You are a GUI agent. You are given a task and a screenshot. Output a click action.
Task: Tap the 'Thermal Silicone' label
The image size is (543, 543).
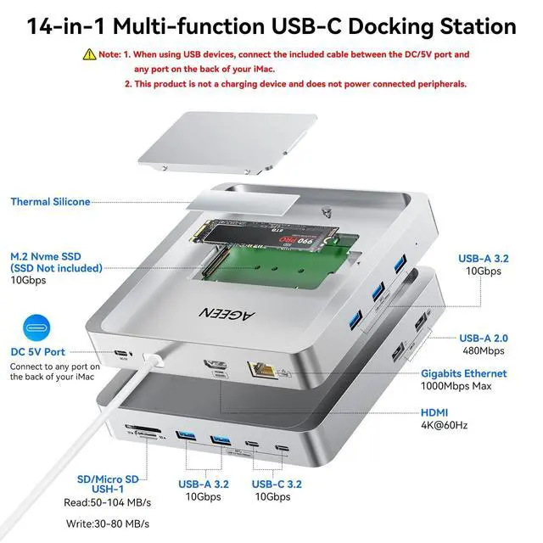[50, 202]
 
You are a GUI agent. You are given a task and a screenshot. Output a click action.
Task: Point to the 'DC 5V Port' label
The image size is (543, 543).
[37, 352]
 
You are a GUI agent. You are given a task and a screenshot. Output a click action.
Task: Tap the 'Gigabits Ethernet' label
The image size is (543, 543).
[463, 373]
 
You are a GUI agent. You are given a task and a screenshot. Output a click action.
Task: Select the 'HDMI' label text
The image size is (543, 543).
[435, 412]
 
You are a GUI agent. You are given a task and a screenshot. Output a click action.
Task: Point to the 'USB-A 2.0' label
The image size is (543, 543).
[483, 338]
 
